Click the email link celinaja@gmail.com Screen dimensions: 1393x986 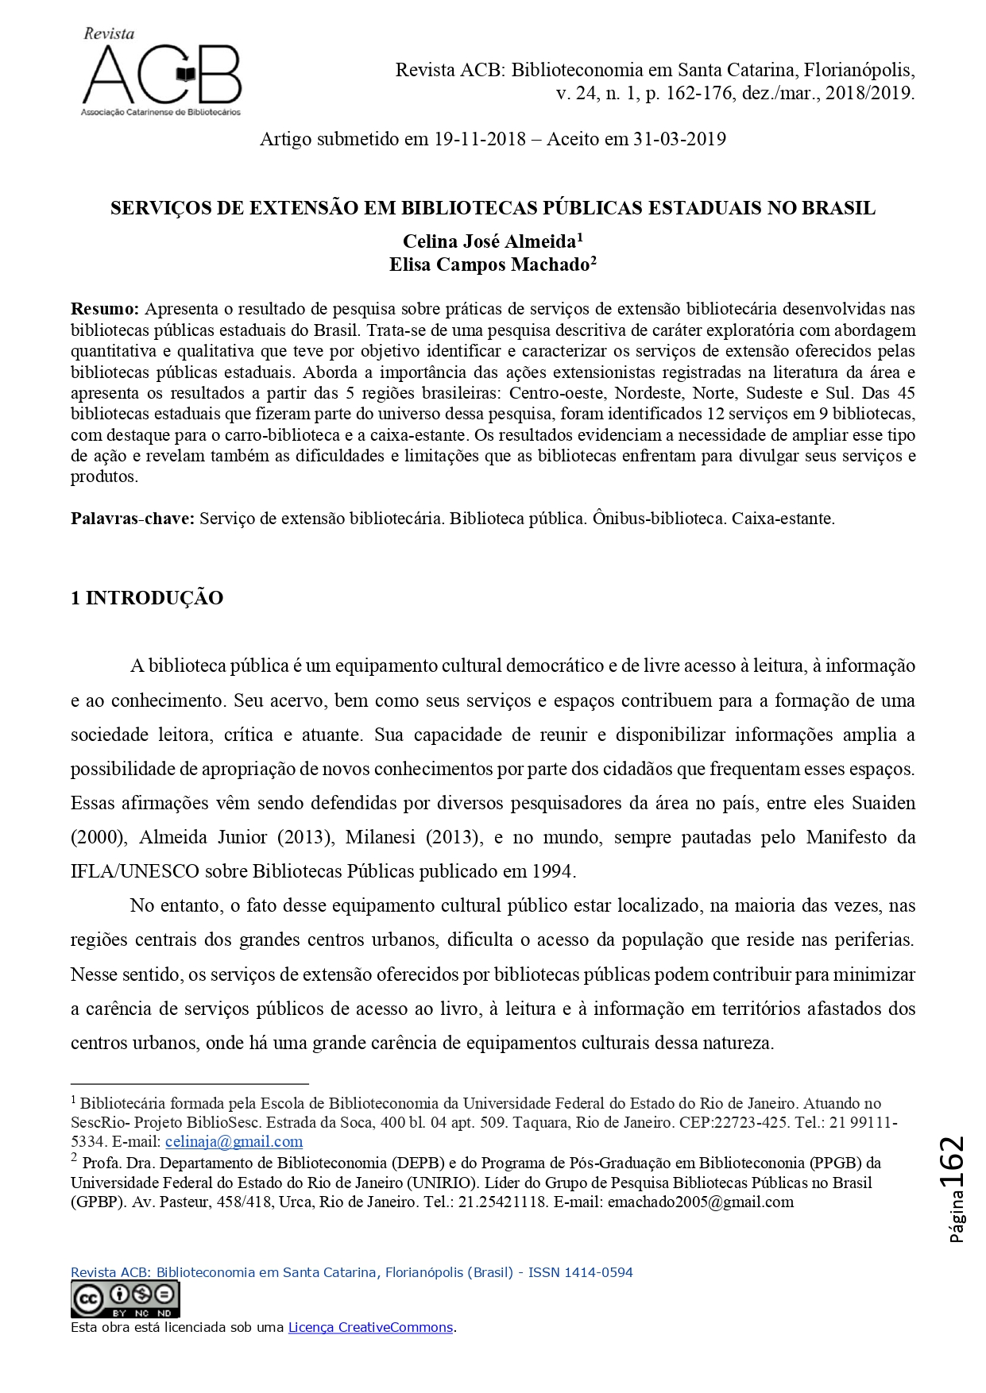[x=234, y=1142]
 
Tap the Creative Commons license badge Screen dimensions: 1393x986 [x=126, y=1300]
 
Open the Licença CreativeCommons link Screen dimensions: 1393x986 [x=370, y=1327]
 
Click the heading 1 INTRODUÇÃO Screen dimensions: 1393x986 [x=147, y=598]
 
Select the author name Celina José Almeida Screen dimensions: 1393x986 [x=489, y=241]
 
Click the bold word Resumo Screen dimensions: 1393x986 [x=105, y=308]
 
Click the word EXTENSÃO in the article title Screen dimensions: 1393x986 [x=302, y=209]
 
